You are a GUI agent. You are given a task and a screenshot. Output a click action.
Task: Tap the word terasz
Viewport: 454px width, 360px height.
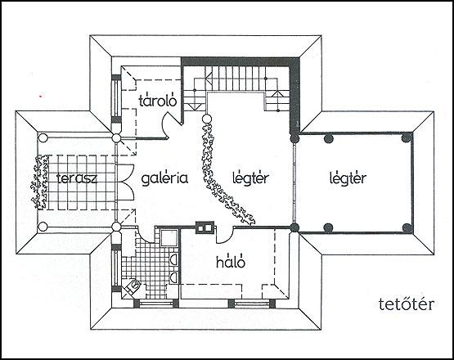coord(78,178)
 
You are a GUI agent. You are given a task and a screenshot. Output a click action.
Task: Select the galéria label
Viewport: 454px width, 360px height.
coord(164,178)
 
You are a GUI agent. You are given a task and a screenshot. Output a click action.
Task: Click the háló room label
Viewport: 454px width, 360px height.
coord(231,261)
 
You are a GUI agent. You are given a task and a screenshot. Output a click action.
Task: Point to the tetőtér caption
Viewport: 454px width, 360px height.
coord(407,304)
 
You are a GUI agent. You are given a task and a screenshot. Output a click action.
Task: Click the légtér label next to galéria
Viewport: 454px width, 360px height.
coord(251,178)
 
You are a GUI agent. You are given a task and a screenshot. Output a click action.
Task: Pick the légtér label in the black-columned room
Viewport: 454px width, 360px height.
coord(348,178)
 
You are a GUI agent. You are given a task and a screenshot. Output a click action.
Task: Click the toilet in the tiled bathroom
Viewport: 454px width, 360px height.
coord(133,286)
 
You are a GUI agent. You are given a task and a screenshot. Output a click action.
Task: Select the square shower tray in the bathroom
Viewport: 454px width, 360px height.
coord(169,237)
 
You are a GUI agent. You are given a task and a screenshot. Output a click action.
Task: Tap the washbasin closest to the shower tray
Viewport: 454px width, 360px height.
coord(173,259)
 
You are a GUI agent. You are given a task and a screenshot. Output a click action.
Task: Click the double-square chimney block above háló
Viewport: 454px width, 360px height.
coord(205,227)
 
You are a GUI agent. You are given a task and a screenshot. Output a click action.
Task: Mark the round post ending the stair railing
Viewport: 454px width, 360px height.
coord(207,119)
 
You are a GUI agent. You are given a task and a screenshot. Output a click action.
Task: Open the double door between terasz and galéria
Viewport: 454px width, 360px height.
coord(127,182)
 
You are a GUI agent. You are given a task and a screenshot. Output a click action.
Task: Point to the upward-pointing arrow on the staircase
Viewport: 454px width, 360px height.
coord(277,94)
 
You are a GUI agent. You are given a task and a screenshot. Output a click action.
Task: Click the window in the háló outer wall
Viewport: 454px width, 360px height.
coord(252,304)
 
